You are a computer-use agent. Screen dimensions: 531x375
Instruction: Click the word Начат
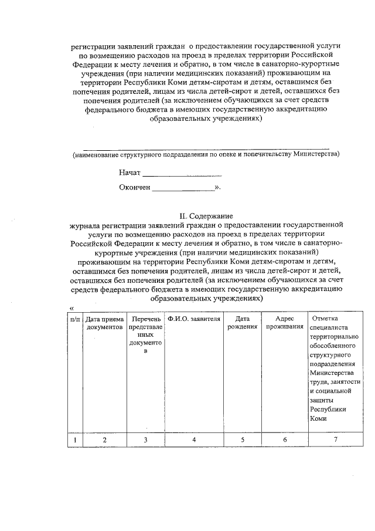[129, 174]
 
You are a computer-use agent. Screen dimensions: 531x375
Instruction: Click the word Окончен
[135, 188]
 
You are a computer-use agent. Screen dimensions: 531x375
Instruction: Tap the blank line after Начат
[182, 175]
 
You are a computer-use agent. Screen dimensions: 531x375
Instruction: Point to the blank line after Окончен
[183, 190]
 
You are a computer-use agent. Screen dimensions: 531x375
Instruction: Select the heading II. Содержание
[206, 216]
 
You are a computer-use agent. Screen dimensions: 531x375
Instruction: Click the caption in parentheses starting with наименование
[206, 155]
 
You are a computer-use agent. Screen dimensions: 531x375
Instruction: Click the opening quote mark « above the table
[71, 309]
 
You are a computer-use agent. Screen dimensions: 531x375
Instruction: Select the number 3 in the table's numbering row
[145, 439]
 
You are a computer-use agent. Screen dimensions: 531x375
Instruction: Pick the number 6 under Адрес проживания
[284, 439]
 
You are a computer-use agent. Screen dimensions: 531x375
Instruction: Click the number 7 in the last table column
[336, 439]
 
